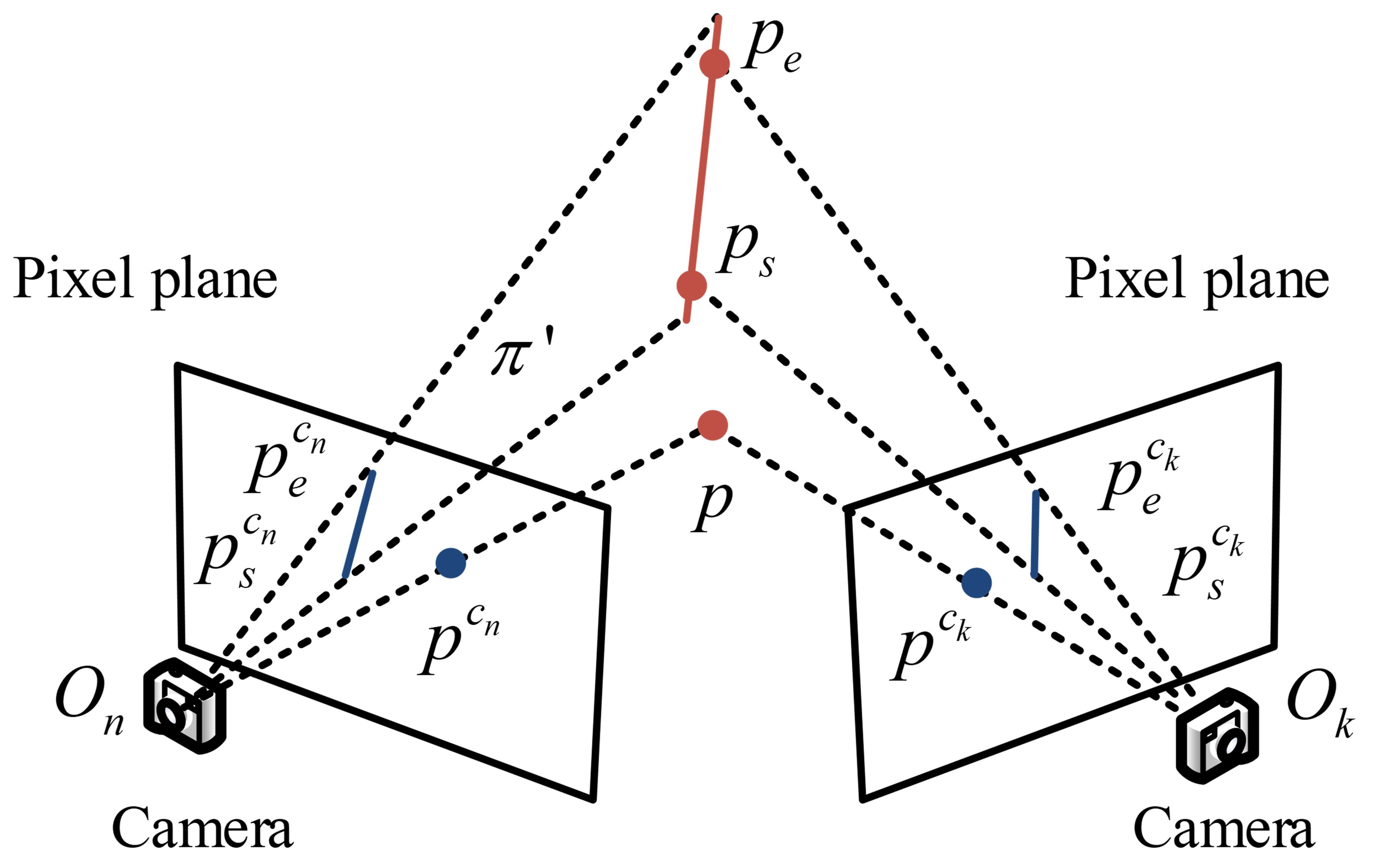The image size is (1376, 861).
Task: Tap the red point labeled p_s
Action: (x=692, y=285)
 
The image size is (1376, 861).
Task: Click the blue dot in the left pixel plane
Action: (x=451, y=563)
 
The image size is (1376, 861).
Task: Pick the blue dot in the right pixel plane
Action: (x=976, y=583)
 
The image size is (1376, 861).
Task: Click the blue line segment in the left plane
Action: (x=359, y=524)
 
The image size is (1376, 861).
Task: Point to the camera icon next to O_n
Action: (x=184, y=706)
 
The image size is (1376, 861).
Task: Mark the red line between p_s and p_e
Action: (x=703, y=171)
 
